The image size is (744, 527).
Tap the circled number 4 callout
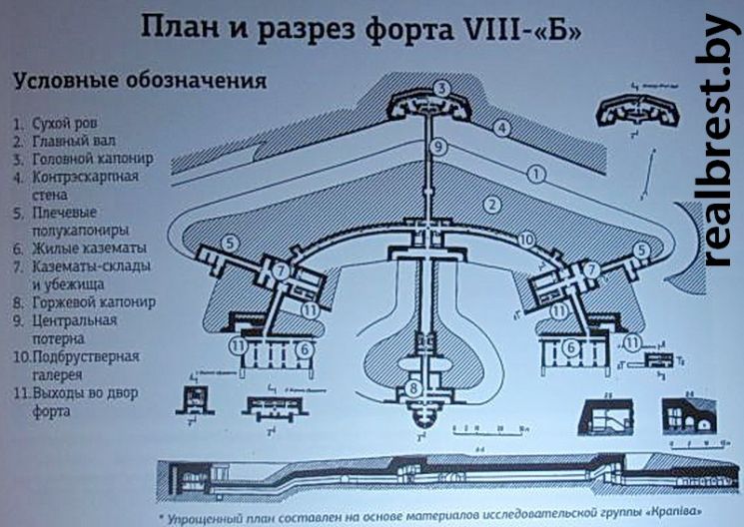click(502, 128)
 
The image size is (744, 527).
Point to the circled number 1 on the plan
click(537, 174)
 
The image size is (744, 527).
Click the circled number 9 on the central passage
click(436, 147)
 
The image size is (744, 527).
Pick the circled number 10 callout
click(527, 239)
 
